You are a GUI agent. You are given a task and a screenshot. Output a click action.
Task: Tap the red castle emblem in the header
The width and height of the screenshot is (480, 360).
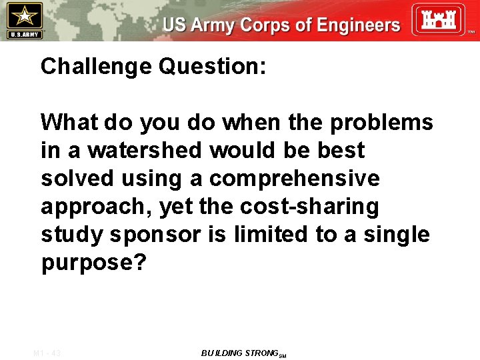click(436, 19)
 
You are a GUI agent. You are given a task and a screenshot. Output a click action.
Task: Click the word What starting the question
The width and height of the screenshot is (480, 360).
click(69, 123)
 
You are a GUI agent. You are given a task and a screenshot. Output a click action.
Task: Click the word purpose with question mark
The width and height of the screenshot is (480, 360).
click(93, 263)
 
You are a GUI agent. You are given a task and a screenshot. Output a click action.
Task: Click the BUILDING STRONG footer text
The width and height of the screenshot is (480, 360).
click(242, 353)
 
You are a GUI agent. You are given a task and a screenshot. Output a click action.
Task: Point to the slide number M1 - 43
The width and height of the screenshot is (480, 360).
click(46, 353)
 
